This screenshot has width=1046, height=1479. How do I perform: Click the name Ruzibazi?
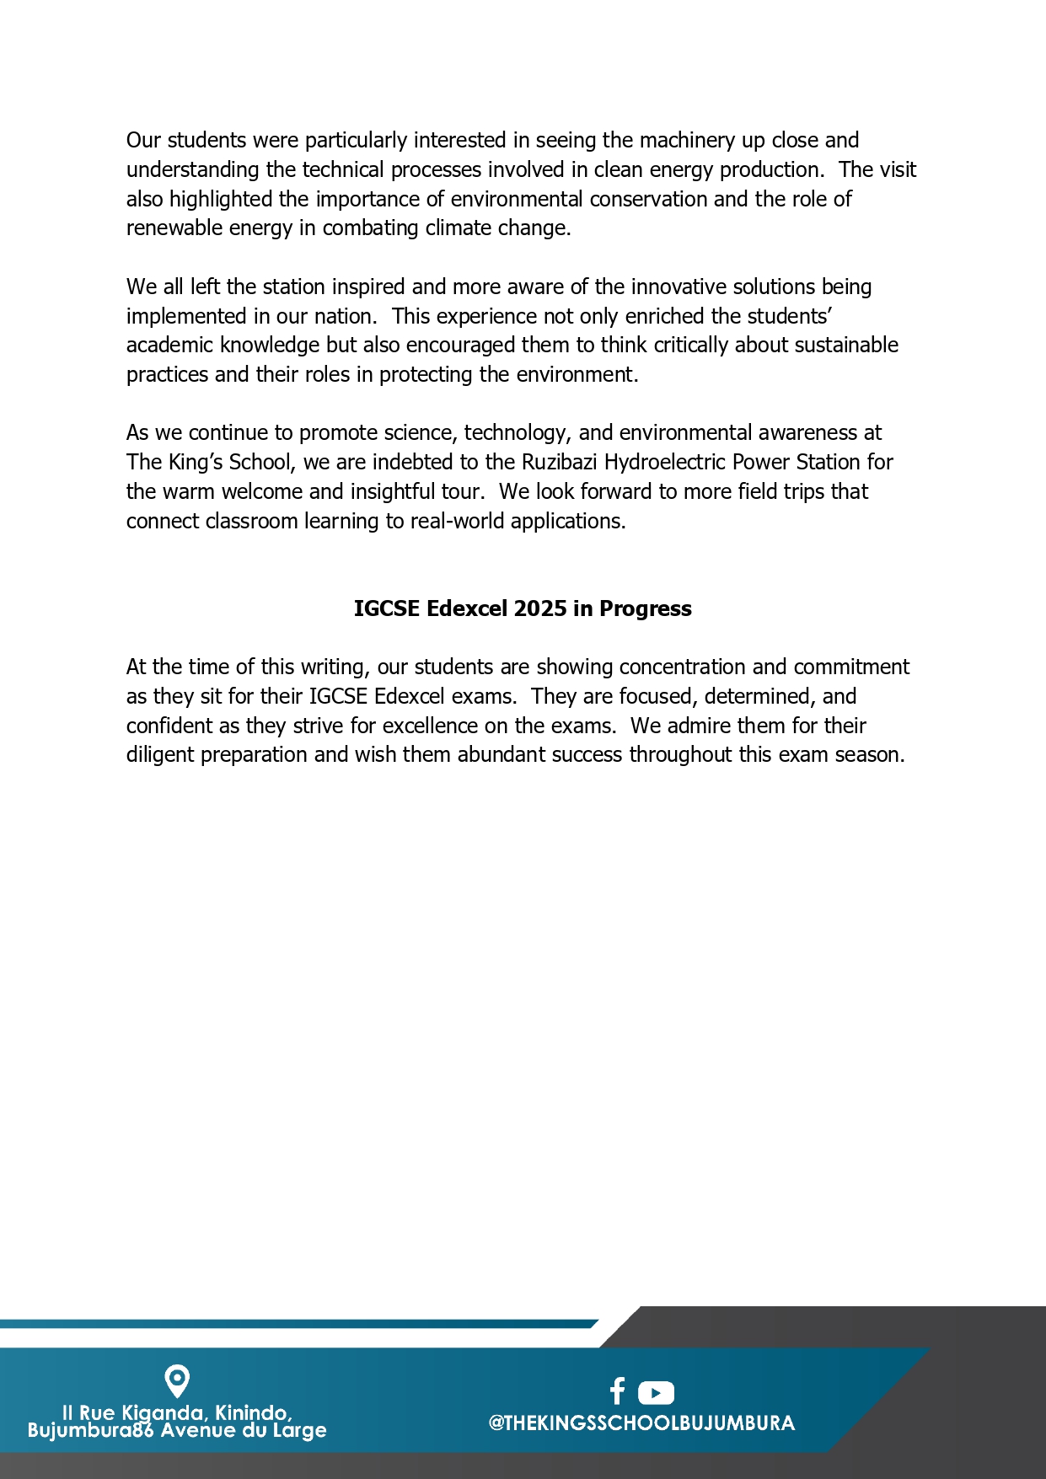point(560,463)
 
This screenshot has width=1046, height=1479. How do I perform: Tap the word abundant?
point(497,755)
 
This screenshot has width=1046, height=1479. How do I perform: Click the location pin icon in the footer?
point(177,1381)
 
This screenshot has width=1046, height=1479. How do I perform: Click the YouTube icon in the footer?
point(656,1392)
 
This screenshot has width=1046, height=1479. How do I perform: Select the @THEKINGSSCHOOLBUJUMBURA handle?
point(641,1423)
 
